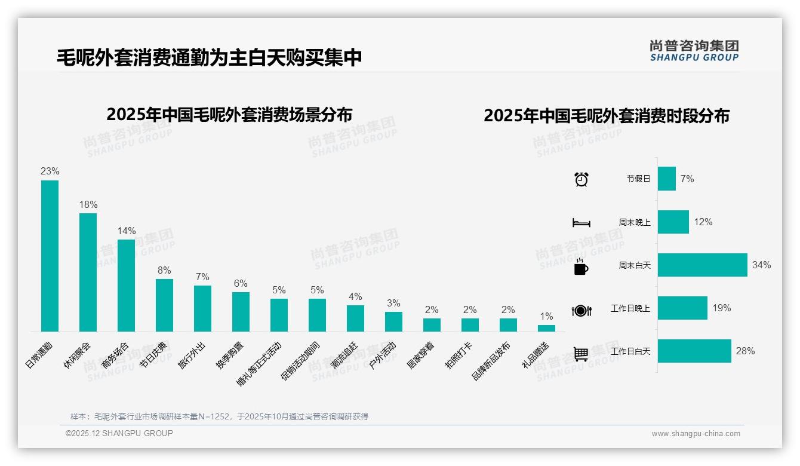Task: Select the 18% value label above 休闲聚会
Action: (x=88, y=205)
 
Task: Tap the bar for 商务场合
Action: (x=126, y=286)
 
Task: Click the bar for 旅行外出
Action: (x=202, y=308)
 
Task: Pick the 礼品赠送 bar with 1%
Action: (x=546, y=328)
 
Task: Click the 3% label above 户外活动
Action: (x=393, y=303)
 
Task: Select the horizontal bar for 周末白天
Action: (x=702, y=265)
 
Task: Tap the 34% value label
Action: (x=761, y=265)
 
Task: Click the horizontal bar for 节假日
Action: (x=666, y=179)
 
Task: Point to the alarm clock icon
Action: (x=581, y=179)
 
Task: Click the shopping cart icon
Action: (x=581, y=354)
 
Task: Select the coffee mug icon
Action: (x=581, y=266)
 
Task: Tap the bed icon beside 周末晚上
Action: (x=581, y=223)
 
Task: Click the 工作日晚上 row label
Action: (x=630, y=309)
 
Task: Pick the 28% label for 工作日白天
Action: (x=745, y=351)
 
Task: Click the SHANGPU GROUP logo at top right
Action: (x=694, y=51)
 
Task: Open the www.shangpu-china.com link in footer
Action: (x=696, y=434)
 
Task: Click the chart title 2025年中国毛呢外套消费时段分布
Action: (x=607, y=116)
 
